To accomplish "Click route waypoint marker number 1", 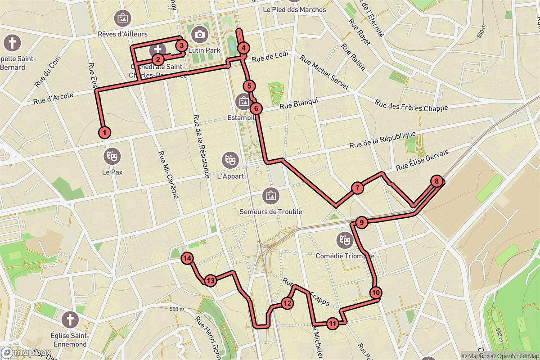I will [104, 132].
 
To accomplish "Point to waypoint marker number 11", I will [332, 323].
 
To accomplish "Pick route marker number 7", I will [356, 189].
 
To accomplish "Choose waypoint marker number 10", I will [376, 292].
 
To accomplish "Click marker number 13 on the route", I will [210, 280].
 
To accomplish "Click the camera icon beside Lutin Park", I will [199, 34].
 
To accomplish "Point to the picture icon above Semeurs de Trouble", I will [270, 195].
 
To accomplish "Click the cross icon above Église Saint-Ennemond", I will [70, 320].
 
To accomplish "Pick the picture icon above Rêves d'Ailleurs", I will [122, 18].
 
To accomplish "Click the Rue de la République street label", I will [382, 140].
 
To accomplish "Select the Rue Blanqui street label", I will [299, 104].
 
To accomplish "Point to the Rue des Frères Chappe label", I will [411, 105].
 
